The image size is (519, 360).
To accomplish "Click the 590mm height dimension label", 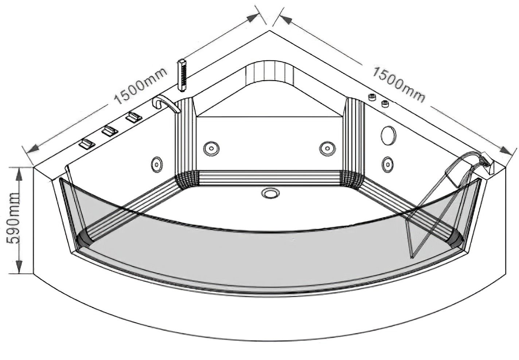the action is (x=13, y=218).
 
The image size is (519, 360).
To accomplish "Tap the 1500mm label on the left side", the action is (x=141, y=86).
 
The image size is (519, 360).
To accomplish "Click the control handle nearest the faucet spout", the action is (x=134, y=117).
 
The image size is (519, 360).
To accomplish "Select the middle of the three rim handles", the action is (x=110, y=131).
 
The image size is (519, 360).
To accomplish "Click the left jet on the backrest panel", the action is (x=211, y=148).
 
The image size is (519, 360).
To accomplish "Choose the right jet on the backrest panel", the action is (x=327, y=148).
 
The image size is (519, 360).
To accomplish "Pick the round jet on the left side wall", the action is (x=157, y=164).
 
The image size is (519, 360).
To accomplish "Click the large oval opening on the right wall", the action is (x=388, y=136).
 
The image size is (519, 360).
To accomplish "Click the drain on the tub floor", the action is (x=270, y=193).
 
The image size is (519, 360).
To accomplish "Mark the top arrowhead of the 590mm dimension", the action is (x=19, y=173).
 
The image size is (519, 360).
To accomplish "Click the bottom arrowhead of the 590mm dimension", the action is (x=19, y=266).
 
